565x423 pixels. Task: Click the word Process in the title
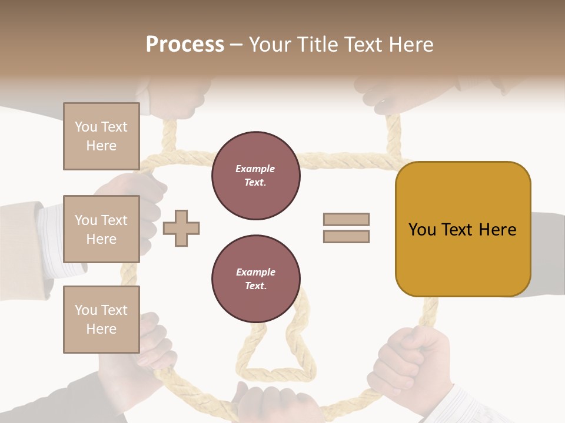point(185,45)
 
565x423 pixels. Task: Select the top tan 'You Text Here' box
point(101,136)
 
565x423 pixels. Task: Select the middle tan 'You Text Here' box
point(101,229)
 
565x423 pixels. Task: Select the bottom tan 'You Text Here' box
point(101,320)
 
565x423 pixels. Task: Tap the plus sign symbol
point(181,228)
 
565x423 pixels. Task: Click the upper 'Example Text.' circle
point(255,176)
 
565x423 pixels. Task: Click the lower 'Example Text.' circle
point(255,279)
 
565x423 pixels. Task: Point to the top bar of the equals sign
point(346,220)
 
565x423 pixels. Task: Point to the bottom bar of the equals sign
point(346,236)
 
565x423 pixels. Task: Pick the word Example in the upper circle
point(255,169)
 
